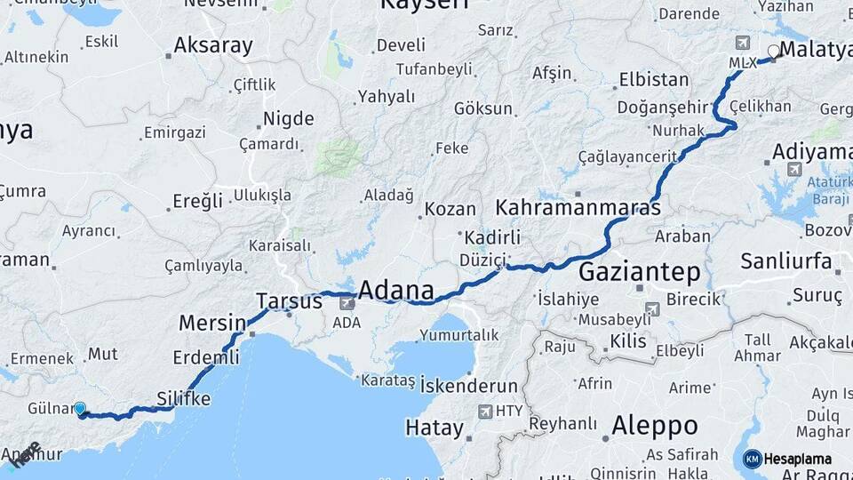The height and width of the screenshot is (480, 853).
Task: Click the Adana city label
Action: click(x=395, y=291)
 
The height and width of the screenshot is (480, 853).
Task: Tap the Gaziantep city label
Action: click(x=640, y=271)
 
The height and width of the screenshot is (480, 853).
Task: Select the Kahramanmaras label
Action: click(x=578, y=208)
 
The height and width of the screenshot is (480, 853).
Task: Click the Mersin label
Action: click(x=211, y=322)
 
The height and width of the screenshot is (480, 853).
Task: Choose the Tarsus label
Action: click(x=289, y=300)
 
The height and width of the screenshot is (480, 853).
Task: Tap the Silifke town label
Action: click(x=183, y=398)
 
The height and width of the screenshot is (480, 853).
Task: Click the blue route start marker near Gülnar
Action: click(x=80, y=409)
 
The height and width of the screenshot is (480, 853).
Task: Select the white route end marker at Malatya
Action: click(x=774, y=52)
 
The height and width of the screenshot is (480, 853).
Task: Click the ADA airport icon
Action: click(x=346, y=304)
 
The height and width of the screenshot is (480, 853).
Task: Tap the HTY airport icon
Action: click(x=484, y=411)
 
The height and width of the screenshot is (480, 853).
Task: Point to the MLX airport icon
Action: click(x=743, y=43)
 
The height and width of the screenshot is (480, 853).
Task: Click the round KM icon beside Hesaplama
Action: click(x=752, y=459)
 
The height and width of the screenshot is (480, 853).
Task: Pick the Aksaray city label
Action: click(x=213, y=45)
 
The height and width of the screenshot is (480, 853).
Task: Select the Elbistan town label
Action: click(x=654, y=79)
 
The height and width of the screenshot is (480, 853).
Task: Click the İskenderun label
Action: click(x=469, y=386)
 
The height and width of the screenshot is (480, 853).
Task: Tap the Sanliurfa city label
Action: click(x=786, y=261)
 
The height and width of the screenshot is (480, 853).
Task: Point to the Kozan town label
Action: click(x=450, y=210)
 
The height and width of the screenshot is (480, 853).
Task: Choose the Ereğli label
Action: click(x=197, y=201)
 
